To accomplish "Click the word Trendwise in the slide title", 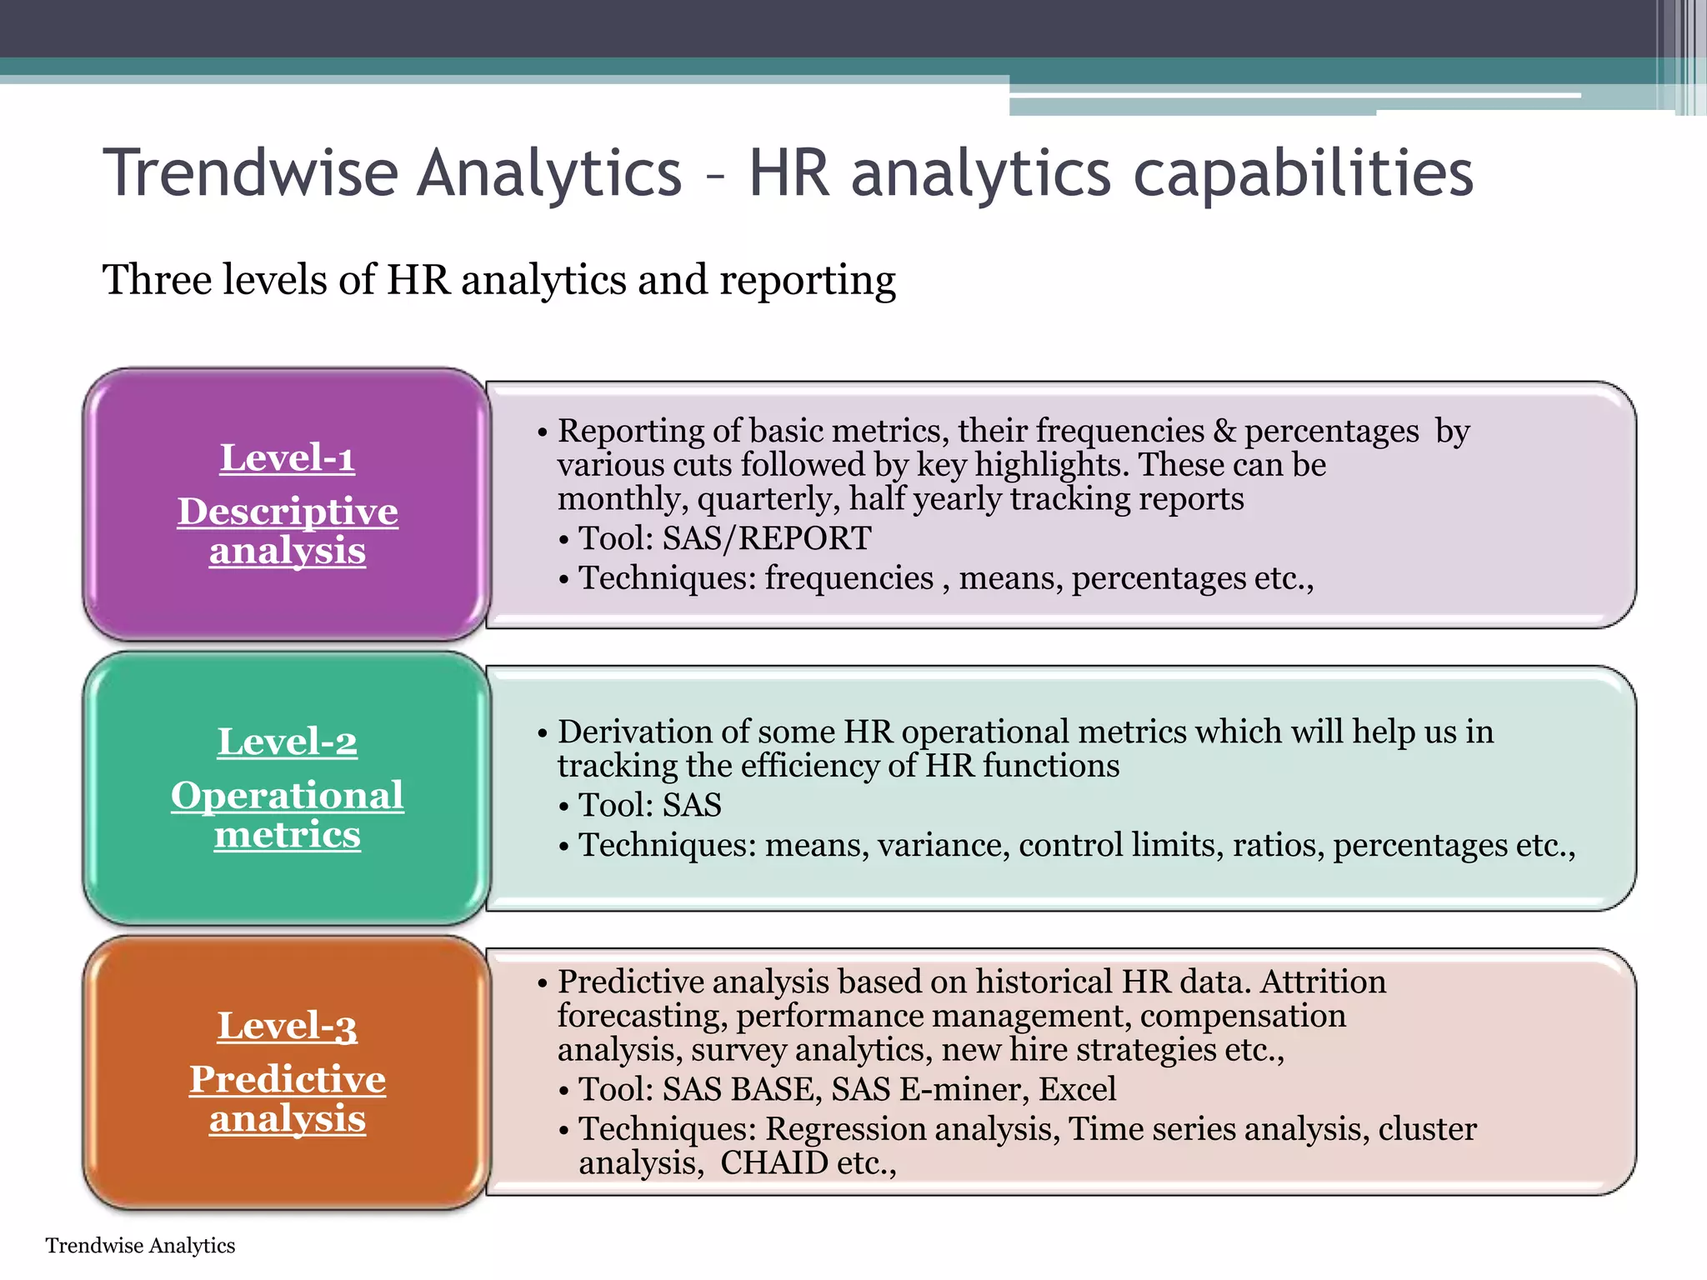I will (251, 172).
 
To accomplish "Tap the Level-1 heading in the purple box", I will (288, 457).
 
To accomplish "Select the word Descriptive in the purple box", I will (288, 511).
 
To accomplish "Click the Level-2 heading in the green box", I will (288, 742).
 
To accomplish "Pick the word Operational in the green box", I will (288, 795).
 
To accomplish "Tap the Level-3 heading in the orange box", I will (288, 1026).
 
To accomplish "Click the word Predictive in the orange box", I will (288, 1079).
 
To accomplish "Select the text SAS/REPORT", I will (767, 538).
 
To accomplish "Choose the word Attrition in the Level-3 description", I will (1323, 982).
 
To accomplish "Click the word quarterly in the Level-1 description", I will (768, 499).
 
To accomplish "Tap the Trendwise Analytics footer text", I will (140, 1245).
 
